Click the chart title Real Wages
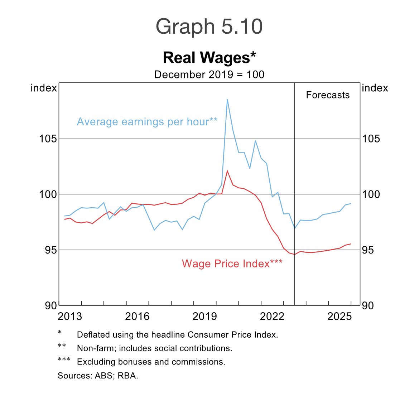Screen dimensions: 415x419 click(x=209, y=58)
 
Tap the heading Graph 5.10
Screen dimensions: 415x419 click(x=209, y=27)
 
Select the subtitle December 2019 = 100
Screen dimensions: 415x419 click(x=209, y=75)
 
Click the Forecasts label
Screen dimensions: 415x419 click(x=328, y=95)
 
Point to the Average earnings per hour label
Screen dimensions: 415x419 click(x=147, y=122)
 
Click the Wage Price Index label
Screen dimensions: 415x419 click(x=232, y=264)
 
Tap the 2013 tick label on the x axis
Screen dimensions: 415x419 click(x=70, y=317)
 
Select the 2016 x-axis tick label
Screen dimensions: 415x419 click(x=137, y=317)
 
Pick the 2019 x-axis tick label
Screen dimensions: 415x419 click(x=204, y=317)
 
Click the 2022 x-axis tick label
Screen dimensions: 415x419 click(x=272, y=317)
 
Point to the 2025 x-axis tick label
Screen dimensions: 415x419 click(x=339, y=317)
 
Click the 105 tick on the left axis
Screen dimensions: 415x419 click(x=48, y=139)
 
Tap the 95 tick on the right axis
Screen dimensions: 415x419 click(x=368, y=250)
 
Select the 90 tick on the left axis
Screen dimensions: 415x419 click(x=51, y=306)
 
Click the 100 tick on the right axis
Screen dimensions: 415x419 click(x=371, y=194)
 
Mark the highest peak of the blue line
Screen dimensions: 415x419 click(x=227, y=100)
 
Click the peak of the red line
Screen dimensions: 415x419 click(x=227, y=170)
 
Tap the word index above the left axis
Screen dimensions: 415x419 click(x=44, y=88)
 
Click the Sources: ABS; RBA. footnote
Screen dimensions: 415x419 click(x=98, y=376)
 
